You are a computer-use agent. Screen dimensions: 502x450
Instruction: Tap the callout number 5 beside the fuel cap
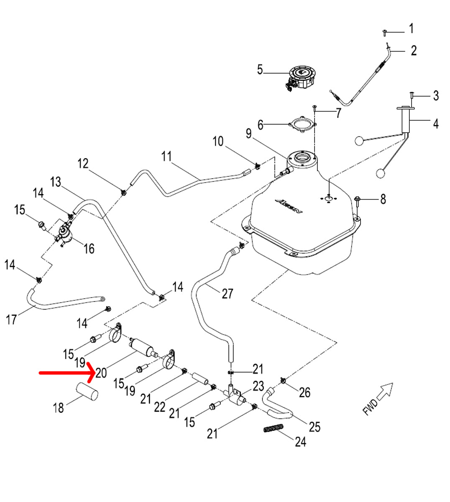(x=260, y=69)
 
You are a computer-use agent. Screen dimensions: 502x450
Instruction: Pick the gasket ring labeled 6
(x=302, y=125)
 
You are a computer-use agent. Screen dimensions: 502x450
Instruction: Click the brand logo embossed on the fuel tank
(x=288, y=206)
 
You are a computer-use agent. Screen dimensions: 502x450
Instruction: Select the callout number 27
(x=227, y=294)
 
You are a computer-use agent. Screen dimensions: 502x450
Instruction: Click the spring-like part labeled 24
(x=274, y=429)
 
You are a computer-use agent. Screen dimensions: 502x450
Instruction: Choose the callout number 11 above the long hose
(x=166, y=157)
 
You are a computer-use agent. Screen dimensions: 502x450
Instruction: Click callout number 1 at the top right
(x=411, y=28)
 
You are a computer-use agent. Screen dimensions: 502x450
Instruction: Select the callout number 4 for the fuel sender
(x=435, y=124)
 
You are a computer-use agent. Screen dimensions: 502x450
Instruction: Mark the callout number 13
(x=55, y=182)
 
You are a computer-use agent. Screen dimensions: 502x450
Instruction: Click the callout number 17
(x=11, y=320)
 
